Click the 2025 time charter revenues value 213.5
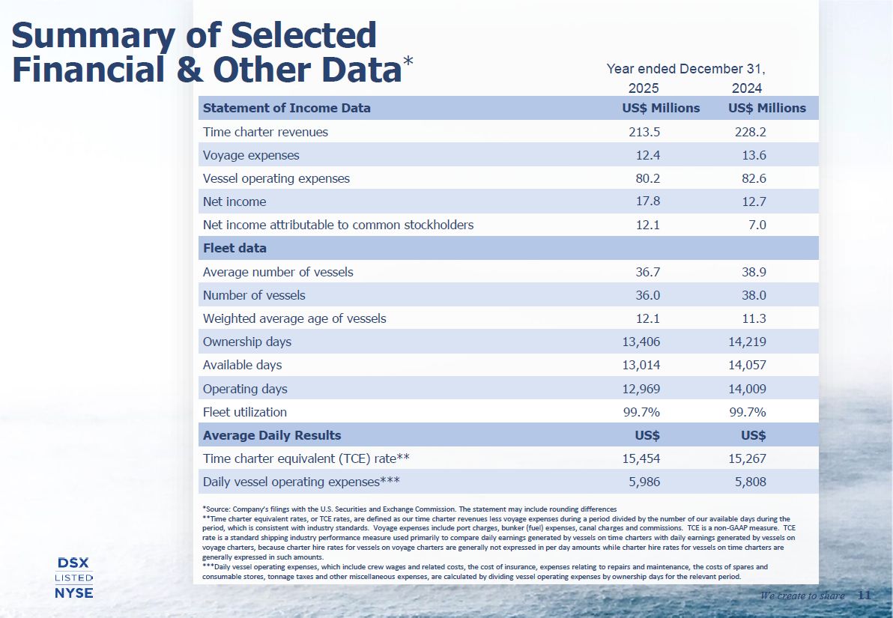tap(644, 132)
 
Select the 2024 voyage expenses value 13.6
tap(751, 155)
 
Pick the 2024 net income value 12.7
tap(751, 202)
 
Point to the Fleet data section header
tap(234, 248)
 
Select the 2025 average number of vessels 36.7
tap(648, 272)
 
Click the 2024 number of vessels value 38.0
tap(751, 295)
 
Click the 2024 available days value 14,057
tap(745, 365)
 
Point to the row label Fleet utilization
tap(245, 412)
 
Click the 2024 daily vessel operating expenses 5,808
tap(749, 482)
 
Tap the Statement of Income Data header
tap(287, 108)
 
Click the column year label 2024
tap(747, 88)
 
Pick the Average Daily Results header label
tap(272, 435)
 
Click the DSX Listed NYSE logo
tap(74, 578)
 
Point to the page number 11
tap(864, 596)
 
